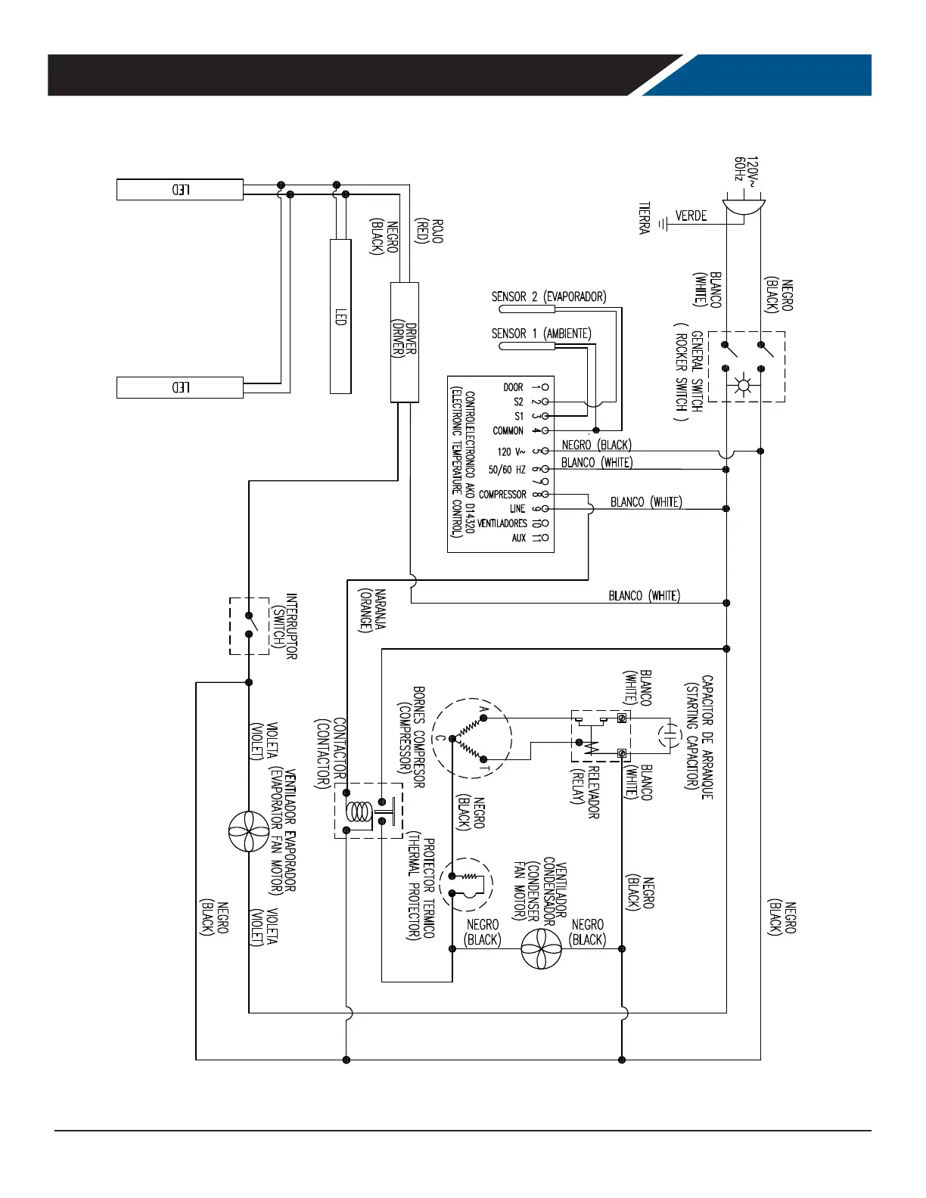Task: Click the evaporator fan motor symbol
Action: click(x=248, y=831)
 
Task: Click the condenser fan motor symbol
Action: click(x=542, y=948)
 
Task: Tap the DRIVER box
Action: click(x=404, y=342)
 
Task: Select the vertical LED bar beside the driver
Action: click(x=340, y=316)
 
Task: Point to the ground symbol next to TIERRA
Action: click(x=663, y=224)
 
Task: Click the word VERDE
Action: click(x=691, y=216)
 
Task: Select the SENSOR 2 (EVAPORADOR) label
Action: click(x=548, y=297)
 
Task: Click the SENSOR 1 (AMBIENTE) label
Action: click(x=541, y=334)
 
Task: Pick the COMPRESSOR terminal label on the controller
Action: click(x=502, y=495)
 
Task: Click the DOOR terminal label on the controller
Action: click(x=513, y=387)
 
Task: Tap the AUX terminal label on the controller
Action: click(x=518, y=538)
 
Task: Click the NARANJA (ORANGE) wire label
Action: click(x=373, y=610)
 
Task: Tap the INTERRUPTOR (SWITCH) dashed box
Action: click(x=249, y=625)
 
